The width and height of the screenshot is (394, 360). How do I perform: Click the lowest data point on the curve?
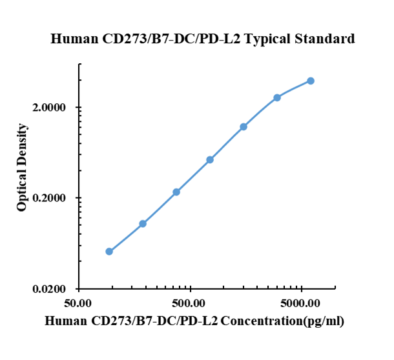click(109, 252)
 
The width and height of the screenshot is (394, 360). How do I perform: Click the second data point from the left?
click(143, 224)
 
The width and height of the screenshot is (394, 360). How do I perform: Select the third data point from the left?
click(176, 192)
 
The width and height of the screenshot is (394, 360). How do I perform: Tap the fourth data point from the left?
click(210, 159)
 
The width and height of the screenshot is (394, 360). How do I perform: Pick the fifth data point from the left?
click(244, 126)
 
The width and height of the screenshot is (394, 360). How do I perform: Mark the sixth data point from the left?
click(277, 97)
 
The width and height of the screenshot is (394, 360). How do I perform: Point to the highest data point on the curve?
click(311, 81)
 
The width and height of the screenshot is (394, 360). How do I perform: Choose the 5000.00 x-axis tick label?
click(302, 303)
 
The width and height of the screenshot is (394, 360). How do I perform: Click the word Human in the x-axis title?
click(67, 321)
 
